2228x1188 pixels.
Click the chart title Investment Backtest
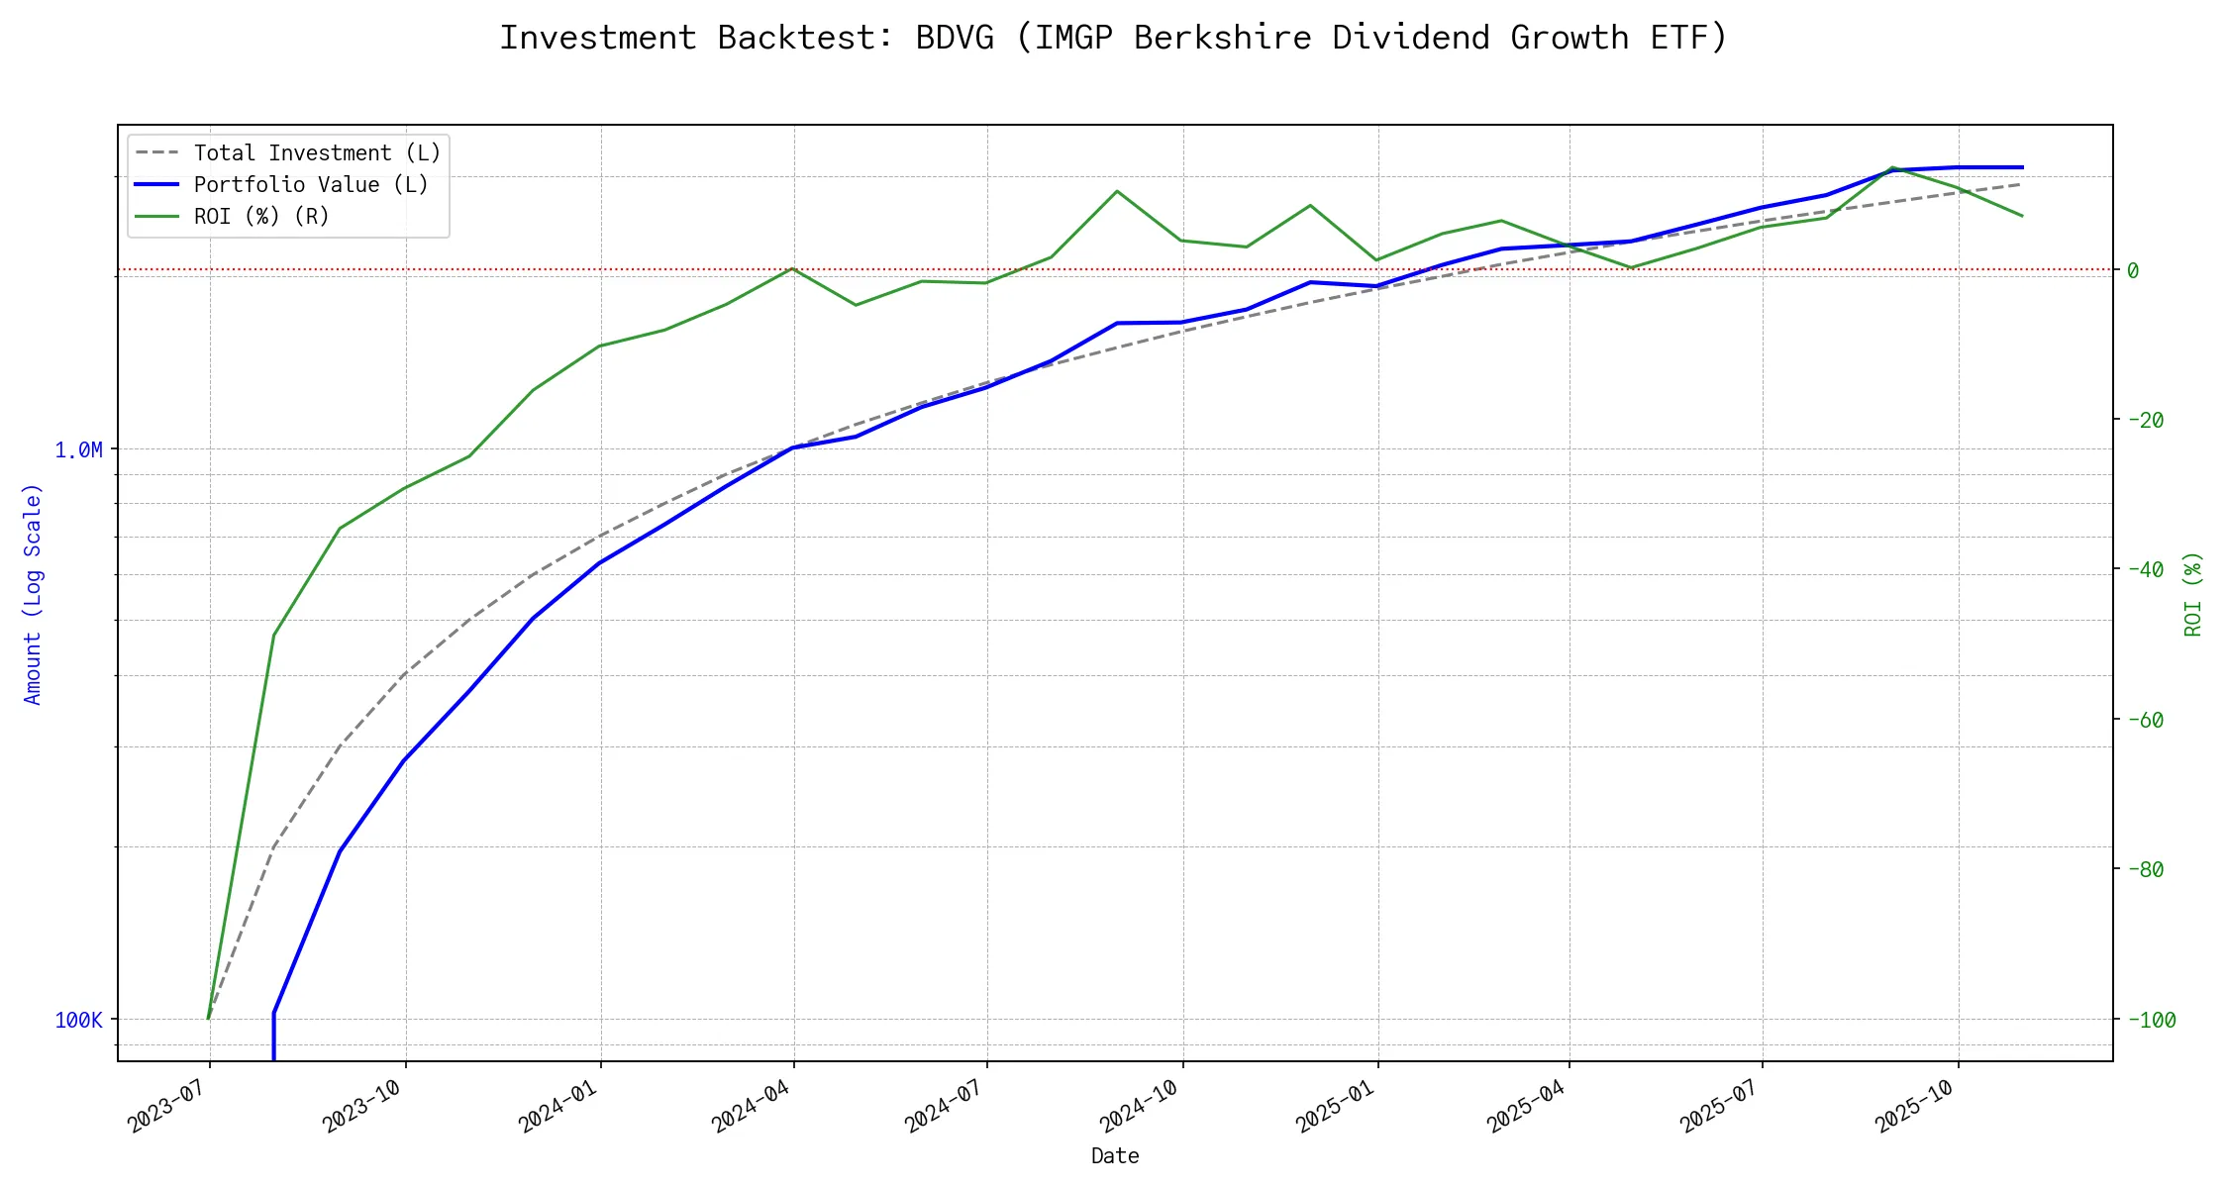1113,38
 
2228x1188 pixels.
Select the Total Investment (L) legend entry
317,153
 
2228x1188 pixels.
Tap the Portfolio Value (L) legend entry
311,185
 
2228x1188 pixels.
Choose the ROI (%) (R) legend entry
261,217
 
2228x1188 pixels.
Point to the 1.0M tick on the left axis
78,450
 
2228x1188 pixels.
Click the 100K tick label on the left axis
78,1021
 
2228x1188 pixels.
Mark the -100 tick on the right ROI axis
2152,1021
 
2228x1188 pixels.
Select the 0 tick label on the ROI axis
2133,270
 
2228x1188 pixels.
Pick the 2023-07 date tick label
166,1106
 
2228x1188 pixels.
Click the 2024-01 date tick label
557,1106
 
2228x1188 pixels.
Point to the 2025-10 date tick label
1915,1106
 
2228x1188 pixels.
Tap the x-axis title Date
1115,1156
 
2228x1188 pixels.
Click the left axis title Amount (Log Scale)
34,594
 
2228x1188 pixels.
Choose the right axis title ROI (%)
2194,594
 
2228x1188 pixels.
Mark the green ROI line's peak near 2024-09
1117,191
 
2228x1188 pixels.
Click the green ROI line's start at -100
208,1019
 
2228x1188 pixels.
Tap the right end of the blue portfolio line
2022,167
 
